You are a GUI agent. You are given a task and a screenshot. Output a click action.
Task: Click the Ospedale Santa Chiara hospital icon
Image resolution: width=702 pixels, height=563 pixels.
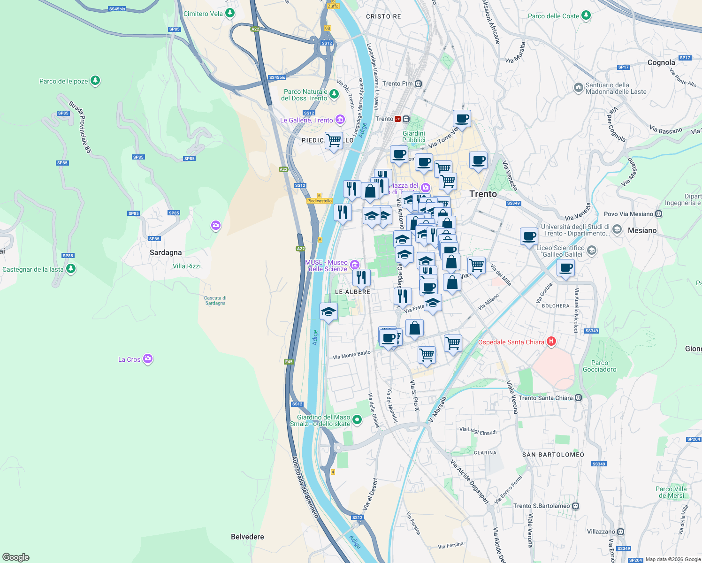551,342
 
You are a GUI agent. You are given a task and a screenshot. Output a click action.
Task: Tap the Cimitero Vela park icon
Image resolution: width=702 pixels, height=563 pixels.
229,13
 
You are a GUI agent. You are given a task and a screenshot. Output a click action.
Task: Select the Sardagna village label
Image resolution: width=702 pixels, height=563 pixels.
166,252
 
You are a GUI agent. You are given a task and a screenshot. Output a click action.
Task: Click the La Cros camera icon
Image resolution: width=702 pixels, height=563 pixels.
148,359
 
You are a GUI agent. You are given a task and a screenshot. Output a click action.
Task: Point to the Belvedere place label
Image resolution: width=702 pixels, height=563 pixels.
247,537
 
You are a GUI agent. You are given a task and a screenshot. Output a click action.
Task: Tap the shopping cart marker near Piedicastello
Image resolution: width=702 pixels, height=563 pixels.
334,140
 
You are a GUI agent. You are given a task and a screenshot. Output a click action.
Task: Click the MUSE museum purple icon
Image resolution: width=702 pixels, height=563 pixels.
354,265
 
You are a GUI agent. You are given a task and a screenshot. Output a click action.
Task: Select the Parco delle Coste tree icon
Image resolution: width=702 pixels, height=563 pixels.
586,15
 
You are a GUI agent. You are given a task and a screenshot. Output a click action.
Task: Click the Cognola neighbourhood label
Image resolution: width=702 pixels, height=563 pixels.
661,62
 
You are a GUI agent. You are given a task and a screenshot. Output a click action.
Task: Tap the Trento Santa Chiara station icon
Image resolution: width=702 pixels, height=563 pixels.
579,398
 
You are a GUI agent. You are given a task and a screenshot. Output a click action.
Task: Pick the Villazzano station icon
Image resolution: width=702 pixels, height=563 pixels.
620,532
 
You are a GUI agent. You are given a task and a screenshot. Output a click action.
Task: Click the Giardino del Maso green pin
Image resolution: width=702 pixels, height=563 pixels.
357,419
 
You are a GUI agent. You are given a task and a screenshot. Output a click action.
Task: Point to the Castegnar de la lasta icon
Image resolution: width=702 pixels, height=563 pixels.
71,269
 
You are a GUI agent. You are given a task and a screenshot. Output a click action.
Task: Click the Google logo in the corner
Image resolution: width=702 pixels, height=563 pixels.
16,557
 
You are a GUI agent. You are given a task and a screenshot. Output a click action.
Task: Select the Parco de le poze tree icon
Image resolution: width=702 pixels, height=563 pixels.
95,81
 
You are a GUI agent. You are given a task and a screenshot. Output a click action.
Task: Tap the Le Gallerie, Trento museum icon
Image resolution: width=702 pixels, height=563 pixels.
340,120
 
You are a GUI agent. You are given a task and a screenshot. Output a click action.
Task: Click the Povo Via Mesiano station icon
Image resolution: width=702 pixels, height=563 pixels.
659,214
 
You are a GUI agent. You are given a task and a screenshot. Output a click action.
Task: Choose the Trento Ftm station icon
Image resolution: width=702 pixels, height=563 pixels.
418,84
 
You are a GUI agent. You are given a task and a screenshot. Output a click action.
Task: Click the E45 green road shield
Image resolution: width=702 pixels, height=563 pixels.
289,362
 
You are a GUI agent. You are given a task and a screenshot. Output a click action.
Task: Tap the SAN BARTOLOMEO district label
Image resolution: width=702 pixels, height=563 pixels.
553,455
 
